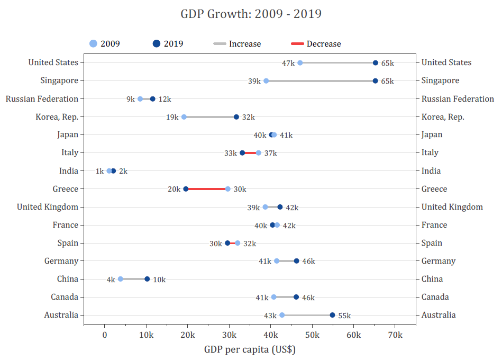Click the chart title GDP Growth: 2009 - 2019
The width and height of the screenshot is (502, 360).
tap(251, 14)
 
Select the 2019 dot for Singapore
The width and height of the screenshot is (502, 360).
tap(375, 81)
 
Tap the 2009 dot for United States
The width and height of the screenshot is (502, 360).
tap(300, 63)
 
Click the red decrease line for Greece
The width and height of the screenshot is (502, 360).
tap(207, 189)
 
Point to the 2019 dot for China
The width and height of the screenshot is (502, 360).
tap(147, 279)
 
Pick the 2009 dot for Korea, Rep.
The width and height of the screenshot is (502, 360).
tap(184, 117)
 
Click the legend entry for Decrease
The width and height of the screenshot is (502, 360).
tap(316, 44)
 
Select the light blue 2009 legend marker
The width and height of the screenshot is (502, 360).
tap(93, 44)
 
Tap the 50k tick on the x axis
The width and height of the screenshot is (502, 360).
tap(312, 335)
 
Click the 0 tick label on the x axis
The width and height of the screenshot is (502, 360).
tap(105, 335)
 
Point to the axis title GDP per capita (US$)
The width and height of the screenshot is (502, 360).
tap(250, 349)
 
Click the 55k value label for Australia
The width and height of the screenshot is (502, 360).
tap(344, 316)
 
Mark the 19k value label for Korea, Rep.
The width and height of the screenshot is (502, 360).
tap(172, 118)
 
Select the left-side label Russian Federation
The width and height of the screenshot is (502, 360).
tap(42, 99)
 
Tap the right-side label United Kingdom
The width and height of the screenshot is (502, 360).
tap(452, 207)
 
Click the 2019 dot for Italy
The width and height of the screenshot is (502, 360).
tap(242, 153)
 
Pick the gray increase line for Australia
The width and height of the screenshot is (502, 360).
tap(307, 315)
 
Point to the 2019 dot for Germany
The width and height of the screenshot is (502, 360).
tap(296, 261)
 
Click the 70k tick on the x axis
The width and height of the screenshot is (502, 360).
tap(395, 335)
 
